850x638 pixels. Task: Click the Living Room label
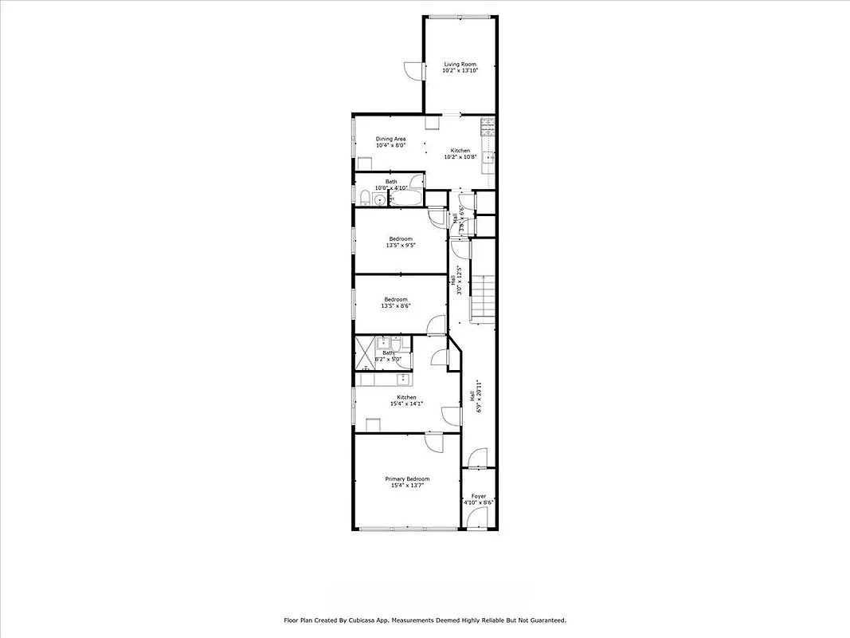(460, 64)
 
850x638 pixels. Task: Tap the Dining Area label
(390, 139)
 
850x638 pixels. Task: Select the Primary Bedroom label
(407, 478)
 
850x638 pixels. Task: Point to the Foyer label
(478, 496)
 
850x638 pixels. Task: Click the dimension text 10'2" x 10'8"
(460, 157)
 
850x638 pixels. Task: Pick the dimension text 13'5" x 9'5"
(401, 246)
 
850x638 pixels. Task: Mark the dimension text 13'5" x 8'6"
(396, 306)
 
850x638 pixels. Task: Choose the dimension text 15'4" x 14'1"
(406, 404)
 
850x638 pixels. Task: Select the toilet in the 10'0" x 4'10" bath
(364, 198)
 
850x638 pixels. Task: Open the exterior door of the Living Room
(413, 70)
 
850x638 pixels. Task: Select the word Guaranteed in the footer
(545, 620)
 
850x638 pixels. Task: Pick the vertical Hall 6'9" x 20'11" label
(476, 395)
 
